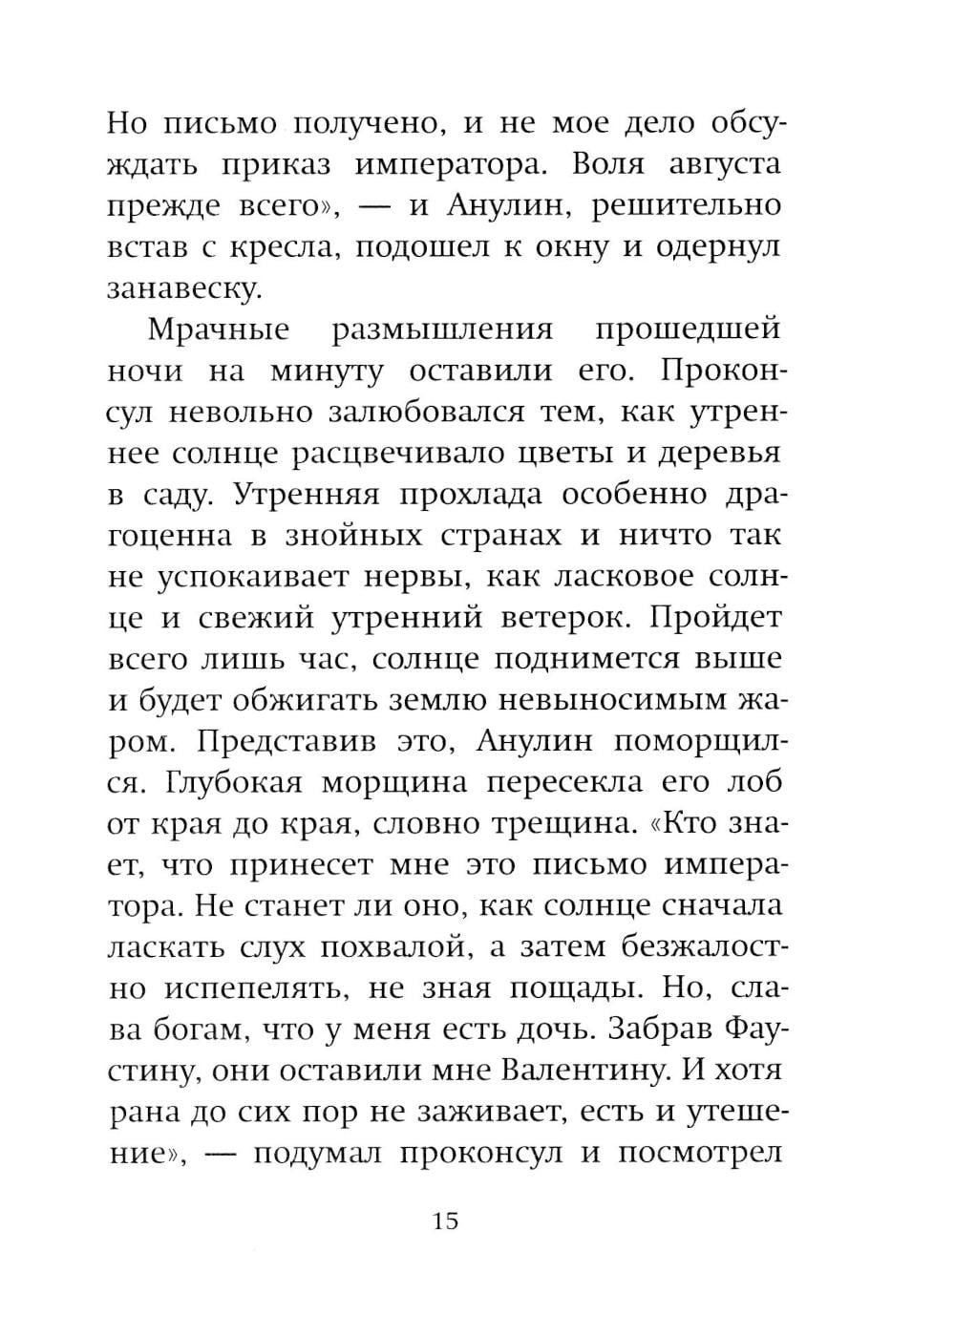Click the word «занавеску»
183,288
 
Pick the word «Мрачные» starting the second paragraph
219,329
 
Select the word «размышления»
442,329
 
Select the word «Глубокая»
235,782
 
